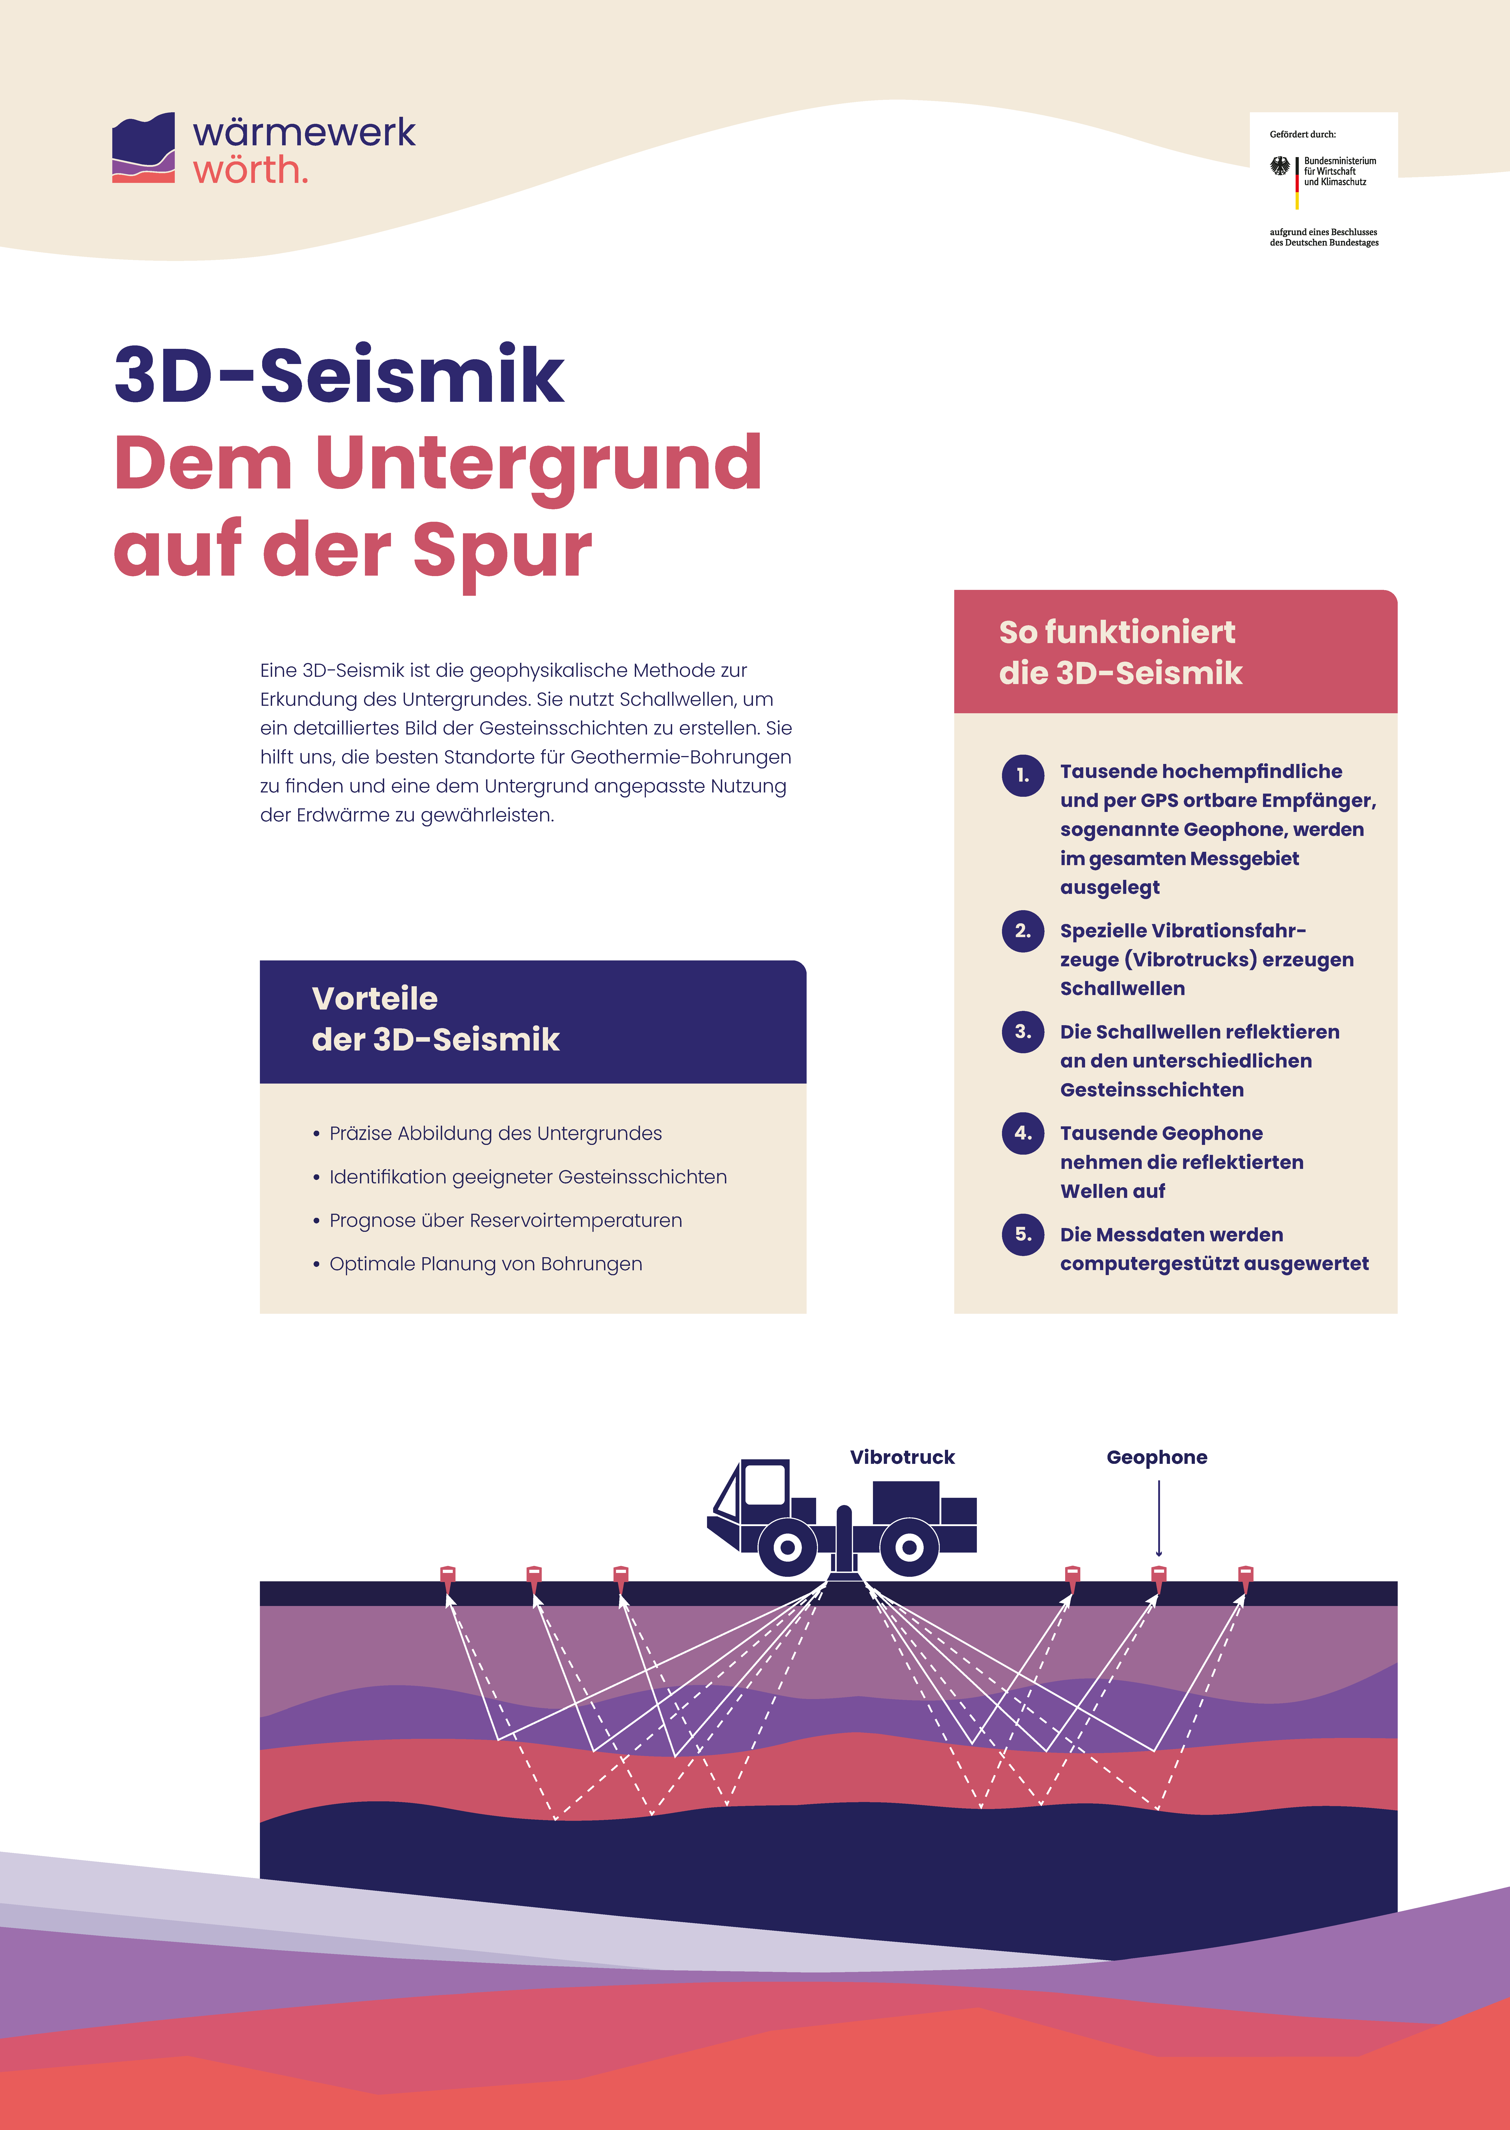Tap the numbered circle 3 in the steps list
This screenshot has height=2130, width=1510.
pos(1023,1032)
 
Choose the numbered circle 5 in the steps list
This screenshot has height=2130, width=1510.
pos(1023,1235)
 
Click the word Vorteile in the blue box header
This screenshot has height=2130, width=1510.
pos(375,998)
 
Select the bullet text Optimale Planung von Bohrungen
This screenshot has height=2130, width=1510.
pos(485,1264)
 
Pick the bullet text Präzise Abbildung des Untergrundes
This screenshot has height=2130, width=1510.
pos(496,1133)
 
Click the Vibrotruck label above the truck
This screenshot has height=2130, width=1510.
pos(902,1457)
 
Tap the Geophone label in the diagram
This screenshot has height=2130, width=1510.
pos(1157,1457)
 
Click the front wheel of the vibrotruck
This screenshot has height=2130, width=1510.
pos(788,1547)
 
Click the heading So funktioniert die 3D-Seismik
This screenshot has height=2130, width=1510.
pos(1120,652)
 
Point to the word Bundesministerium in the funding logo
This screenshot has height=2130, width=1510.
pos(1340,161)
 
